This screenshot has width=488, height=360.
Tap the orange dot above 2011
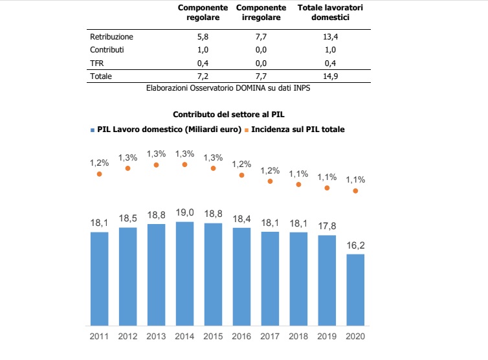tap(99, 174)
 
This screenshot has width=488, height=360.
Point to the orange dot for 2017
tap(270, 181)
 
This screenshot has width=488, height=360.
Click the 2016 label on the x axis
tap(241, 337)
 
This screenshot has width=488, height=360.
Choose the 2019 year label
tap(327, 337)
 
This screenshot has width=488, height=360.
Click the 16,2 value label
tap(355, 246)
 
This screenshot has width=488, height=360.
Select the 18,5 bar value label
tap(128, 219)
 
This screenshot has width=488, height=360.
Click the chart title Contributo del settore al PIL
tap(243, 114)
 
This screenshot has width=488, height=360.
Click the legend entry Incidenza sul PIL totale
tap(298, 129)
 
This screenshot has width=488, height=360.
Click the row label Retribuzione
tap(111, 36)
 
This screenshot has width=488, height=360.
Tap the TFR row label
tap(96, 62)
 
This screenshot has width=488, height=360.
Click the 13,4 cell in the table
tap(330, 36)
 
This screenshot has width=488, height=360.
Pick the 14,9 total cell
tap(330, 76)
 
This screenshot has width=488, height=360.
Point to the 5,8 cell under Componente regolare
tap(204, 36)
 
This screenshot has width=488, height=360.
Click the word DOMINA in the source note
tap(254, 87)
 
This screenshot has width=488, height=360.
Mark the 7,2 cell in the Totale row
tap(204, 76)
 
